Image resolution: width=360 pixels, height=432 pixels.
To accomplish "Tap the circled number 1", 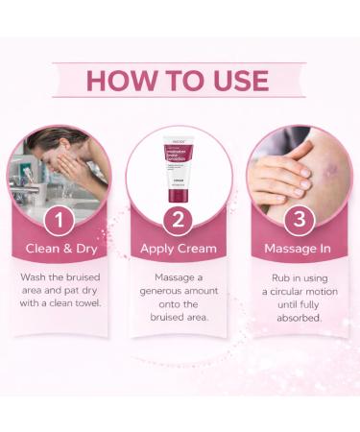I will pyautogui.click(x=60, y=221).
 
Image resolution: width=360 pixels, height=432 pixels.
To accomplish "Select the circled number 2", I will pyautogui.click(x=180, y=221).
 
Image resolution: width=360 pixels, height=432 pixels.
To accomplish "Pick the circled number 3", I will pyautogui.click(x=300, y=221).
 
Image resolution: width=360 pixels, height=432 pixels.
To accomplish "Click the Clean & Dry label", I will pyautogui.click(x=60, y=249).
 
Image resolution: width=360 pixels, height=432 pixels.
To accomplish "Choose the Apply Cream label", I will pyautogui.click(x=180, y=249).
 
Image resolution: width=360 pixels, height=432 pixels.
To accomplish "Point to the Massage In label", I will pyautogui.click(x=300, y=249).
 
